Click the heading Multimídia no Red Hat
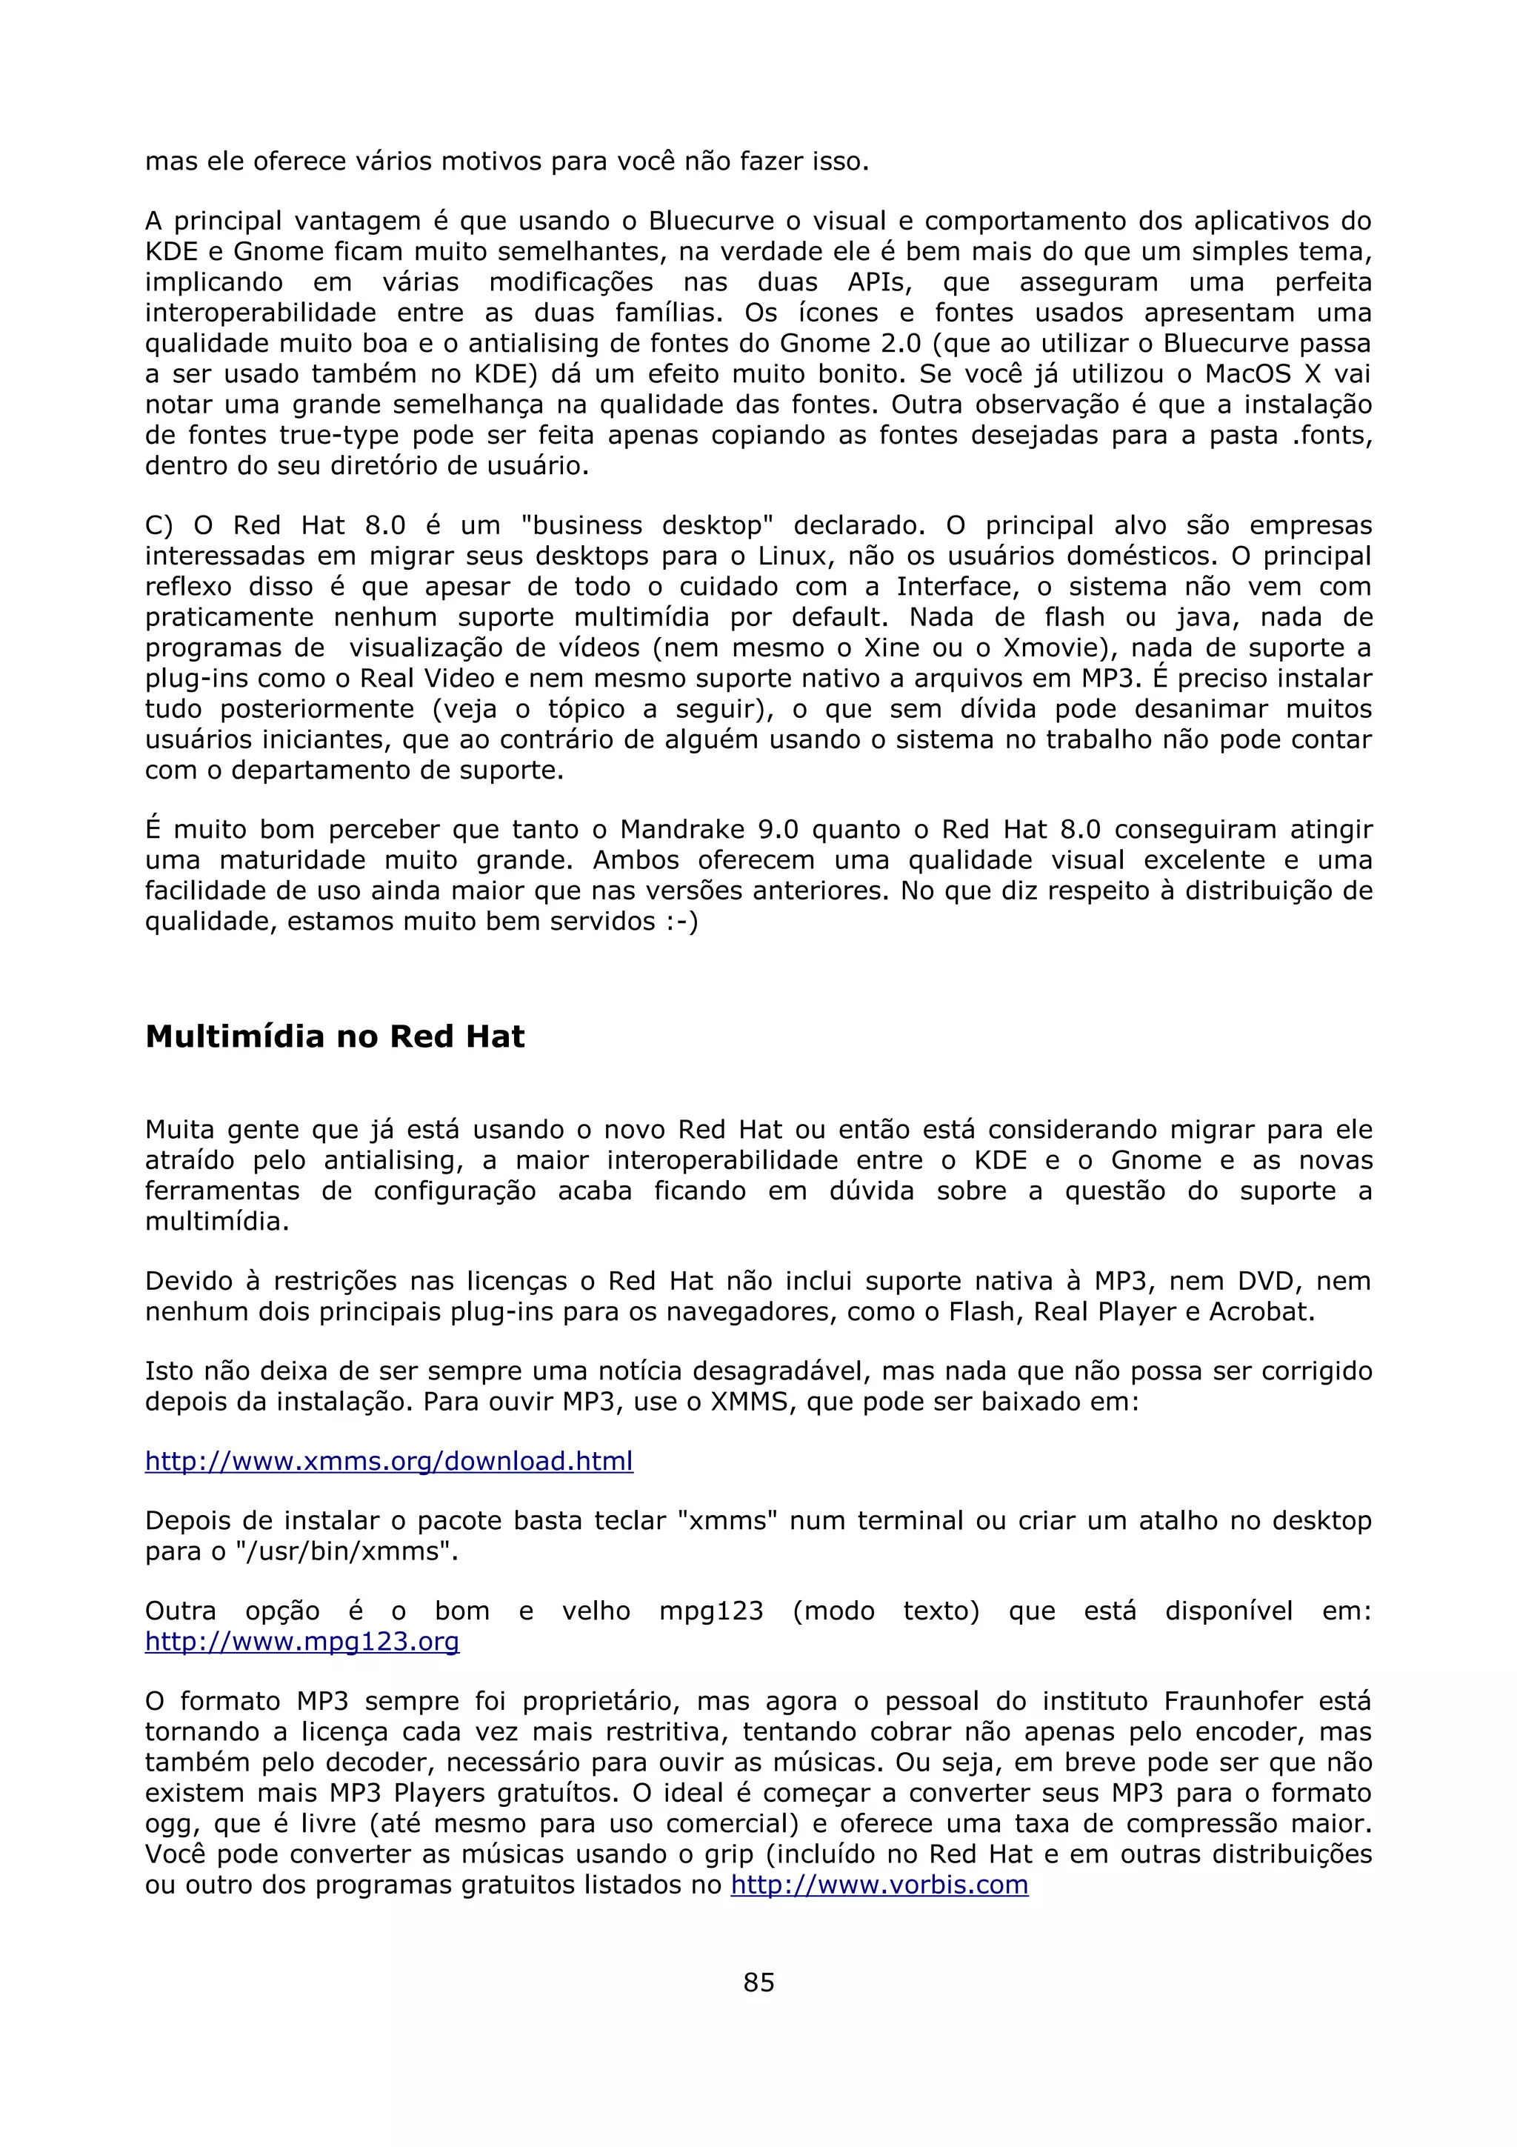coord(335,1036)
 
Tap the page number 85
coord(758,1982)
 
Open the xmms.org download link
coord(389,1461)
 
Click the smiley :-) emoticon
coord(681,921)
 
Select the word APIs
coord(878,282)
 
